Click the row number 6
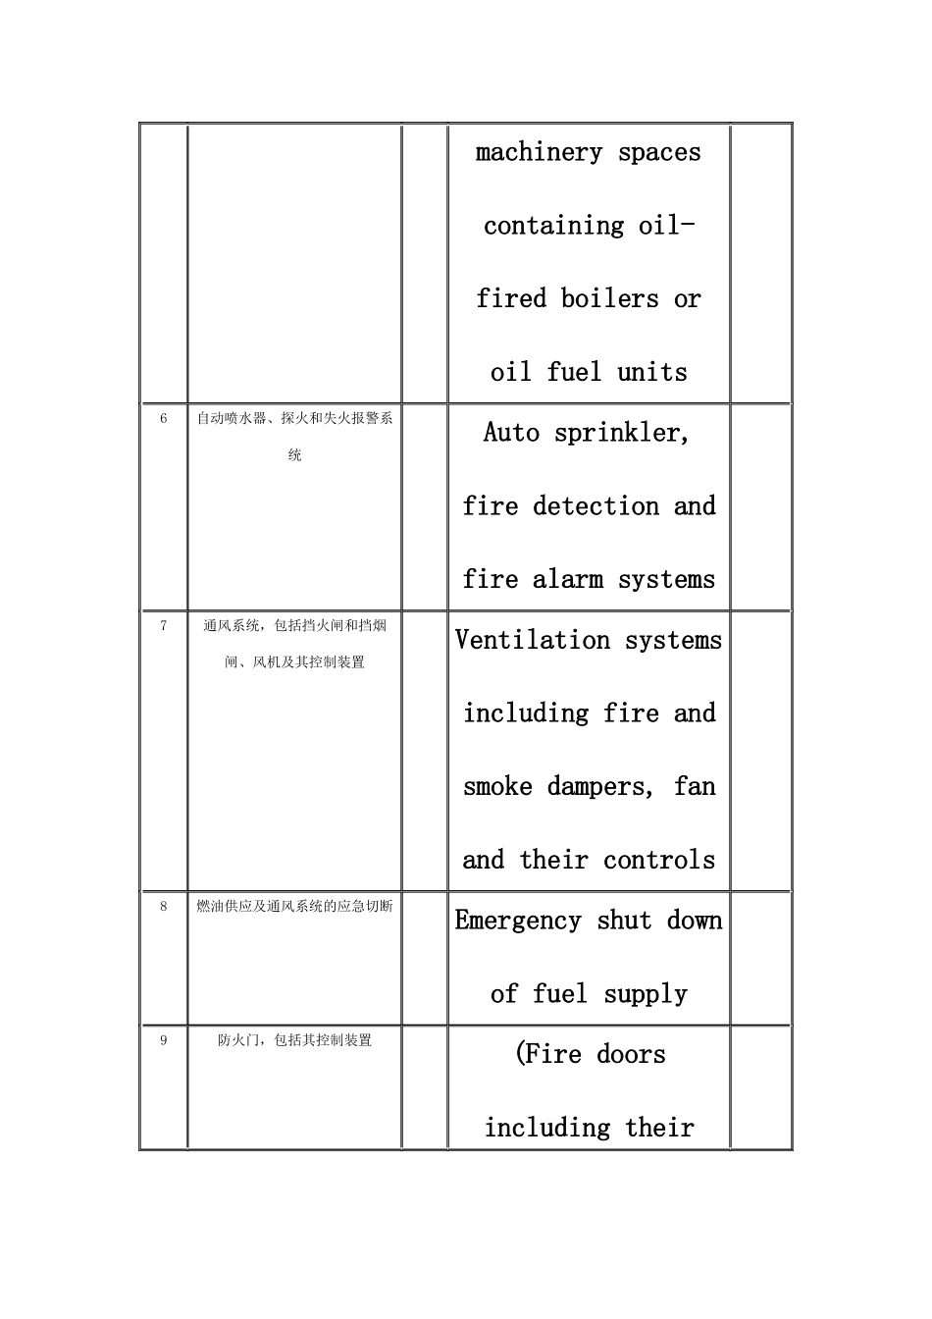pyautogui.click(x=164, y=419)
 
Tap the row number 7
pyautogui.click(x=164, y=626)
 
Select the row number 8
pyautogui.click(x=164, y=907)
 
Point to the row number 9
pyautogui.click(x=164, y=1041)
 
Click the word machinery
pyautogui.click(x=539, y=153)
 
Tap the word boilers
pyautogui.click(x=609, y=298)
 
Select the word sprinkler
pyautogui.click(x=622, y=434)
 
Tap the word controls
pyautogui.click(x=659, y=861)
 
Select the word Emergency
pyautogui.click(x=518, y=922)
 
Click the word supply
pyautogui.click(x=646, y=995)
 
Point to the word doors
pyautogui.click(x=631, y=1055)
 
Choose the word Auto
pyautogui.click(x=511, y=433)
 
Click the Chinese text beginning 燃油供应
pyautogui.click(x=294, y=907)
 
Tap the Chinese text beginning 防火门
pyautogui.click(x=294, y=1041)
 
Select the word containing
pyautogui.click(x=553, y=226)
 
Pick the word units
pyautogui.click(x=652, y=373)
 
